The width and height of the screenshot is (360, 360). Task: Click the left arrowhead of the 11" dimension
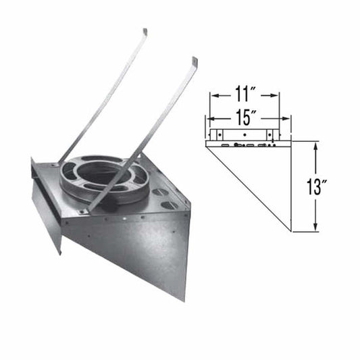(213, 96)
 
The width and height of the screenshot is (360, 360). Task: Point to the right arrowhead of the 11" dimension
(280, 96)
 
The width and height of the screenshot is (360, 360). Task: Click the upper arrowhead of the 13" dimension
(315, 145)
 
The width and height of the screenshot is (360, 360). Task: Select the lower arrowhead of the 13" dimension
(315, 228)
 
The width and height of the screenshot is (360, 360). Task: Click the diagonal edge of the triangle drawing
(248, 188)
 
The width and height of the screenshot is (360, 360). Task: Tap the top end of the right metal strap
(194, 61)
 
